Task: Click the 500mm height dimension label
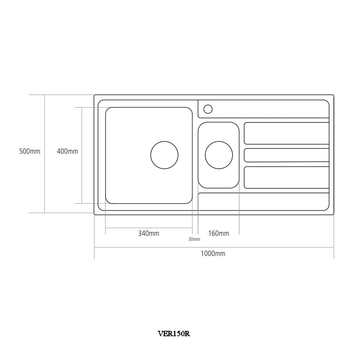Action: click(30, 151)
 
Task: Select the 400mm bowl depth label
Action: click(67, 151)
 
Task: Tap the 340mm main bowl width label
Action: click(149, 234)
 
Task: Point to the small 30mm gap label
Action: click(194, 239)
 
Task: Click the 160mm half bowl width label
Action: click(219, 234)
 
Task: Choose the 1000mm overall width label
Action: click(213, 254)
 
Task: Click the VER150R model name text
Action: click(174, 334)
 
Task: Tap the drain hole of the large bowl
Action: click(165, 155)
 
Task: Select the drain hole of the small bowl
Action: click(219, 155)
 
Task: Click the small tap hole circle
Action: click(208, 109)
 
